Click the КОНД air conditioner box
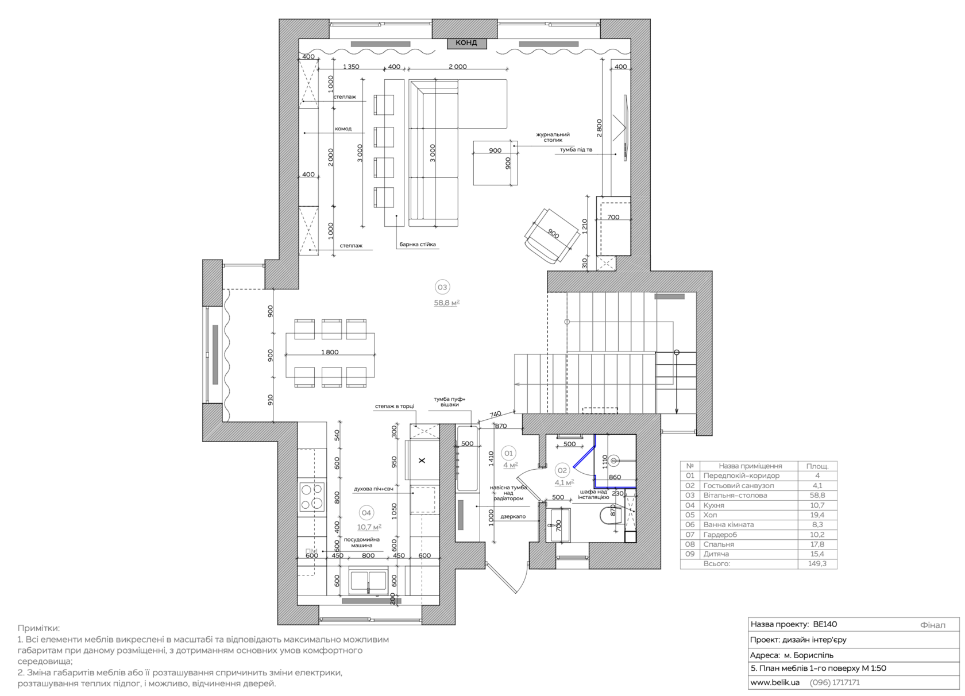467,42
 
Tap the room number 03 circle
442,287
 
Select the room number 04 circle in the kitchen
366,512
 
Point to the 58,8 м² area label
447,303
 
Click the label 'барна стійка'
418,244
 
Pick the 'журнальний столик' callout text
553,137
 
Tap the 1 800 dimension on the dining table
330,353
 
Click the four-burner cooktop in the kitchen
312,497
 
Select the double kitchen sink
368,581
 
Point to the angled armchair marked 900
553,235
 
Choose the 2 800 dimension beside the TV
599,128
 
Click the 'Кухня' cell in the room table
714,505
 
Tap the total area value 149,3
817,564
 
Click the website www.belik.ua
775,683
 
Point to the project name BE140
825,624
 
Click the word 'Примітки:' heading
39,628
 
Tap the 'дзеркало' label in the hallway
513,516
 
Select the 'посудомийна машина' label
361,543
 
